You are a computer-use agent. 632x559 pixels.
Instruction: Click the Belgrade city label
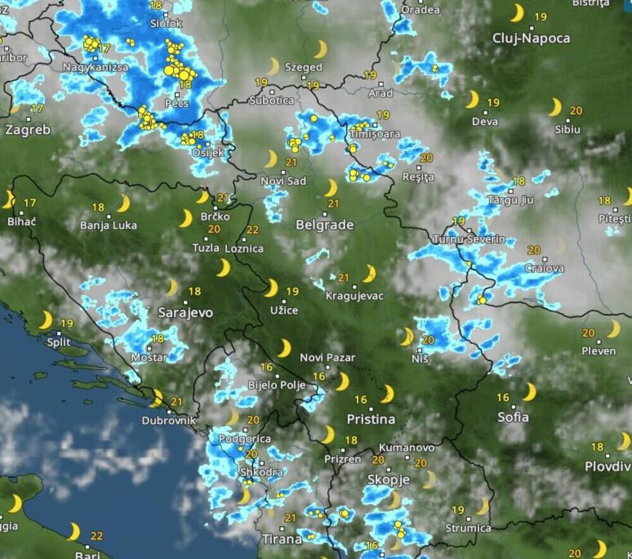[x=324, y=224]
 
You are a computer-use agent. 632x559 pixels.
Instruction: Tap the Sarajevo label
[x=185, y=312]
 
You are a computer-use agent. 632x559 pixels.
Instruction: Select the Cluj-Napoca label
[x=531, y=39]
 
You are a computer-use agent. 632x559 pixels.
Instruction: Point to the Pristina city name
[x=371, y=419]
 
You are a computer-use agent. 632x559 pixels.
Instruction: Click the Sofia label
[x=513, y=417]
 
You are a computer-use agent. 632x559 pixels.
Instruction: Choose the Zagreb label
[x=28, y=130]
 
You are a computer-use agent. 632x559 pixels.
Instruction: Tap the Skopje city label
[x=389, y=480]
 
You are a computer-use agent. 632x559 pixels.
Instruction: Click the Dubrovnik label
[x=169, y=420]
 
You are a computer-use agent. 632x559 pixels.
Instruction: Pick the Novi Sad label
[x=283, y=181]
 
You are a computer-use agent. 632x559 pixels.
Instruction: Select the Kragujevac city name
[x=354, y=295]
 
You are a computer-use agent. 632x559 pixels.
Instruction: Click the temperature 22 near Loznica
[x=253, y=230]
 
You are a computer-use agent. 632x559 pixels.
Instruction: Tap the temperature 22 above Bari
[x=96, y=536]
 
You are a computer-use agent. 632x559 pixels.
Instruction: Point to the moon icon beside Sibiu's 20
[x=555, y=107]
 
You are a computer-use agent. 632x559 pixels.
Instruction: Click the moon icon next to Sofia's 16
[x=529, y=392]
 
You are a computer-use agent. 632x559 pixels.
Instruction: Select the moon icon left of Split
[x=46, y=320]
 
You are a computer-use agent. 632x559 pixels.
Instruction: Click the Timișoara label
[x=374, y=134]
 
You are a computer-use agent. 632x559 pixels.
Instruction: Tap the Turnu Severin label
[x=469, y=239]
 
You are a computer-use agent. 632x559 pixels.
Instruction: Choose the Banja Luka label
[x=109, y=224]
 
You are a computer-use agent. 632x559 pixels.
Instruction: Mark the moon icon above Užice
[x=270, y=288]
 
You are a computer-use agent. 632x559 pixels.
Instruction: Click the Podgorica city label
[x=245, y=438]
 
